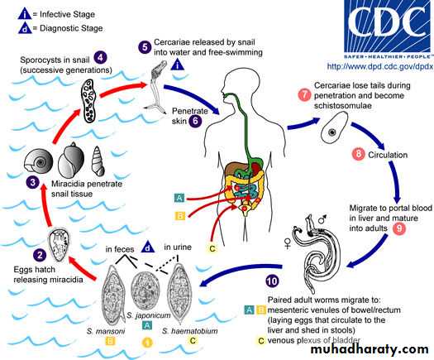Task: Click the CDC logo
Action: pyautogui.click(x=388, y=29)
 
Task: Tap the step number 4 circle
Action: pyautogui.click(x=101, y=58)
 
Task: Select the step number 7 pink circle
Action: pyautogui.click(x=304, y=95)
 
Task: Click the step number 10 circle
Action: pyautogui.click(x=272, y=281)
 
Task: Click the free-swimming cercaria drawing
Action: pyautogui.click(x=157, y=86)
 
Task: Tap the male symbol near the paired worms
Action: pyautogui.click(x=322, y=218)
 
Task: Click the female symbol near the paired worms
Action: pyautogui.click(x=288, y=242)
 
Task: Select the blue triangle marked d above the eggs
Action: pyautogui.click(x=147, y=247)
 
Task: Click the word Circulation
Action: pyautogui.click(x=388, y=155)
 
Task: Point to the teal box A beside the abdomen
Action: pyautogui.click(x=179, y=198)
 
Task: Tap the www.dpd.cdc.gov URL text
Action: pyautogui.click(x=379, y=66)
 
